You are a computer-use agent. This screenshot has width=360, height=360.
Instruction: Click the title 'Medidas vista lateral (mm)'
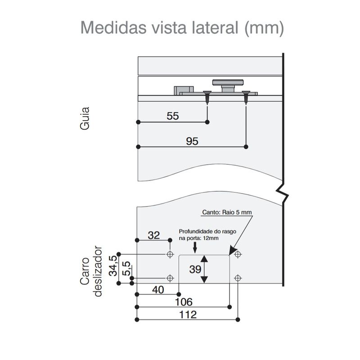pyautogui.click(x=182, y=28)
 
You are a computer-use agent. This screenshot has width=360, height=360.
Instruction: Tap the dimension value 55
pyautogui.click(x=172, y=116)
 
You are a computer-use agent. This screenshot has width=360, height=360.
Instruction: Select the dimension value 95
pyautogui.click(x=192, y=141)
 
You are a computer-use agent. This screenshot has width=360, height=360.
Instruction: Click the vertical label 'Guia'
pyautogui.click(x=85, y=118)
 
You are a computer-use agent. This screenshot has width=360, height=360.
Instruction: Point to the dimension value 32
pyautogui.click(x=153, y=235)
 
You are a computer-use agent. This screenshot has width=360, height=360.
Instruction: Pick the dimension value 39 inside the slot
pyautogui.click(x=195, y=269)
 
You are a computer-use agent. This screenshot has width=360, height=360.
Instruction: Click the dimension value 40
pyautogui.click(x=157, y=290)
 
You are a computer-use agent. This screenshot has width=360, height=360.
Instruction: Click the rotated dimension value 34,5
pyautogui.click(x=113, y=265)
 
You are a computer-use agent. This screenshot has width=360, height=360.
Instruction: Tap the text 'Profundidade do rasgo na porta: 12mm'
pyautogui.click(x=198, y=234)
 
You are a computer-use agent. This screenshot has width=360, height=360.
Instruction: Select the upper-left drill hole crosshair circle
pyautogui.click(x=170, y=255)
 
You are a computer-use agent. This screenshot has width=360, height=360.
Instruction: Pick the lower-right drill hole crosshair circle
pyautogui.click(x=238, y=278)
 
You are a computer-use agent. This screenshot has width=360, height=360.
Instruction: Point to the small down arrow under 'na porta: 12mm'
pyautogui.click(x=195, y=247)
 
